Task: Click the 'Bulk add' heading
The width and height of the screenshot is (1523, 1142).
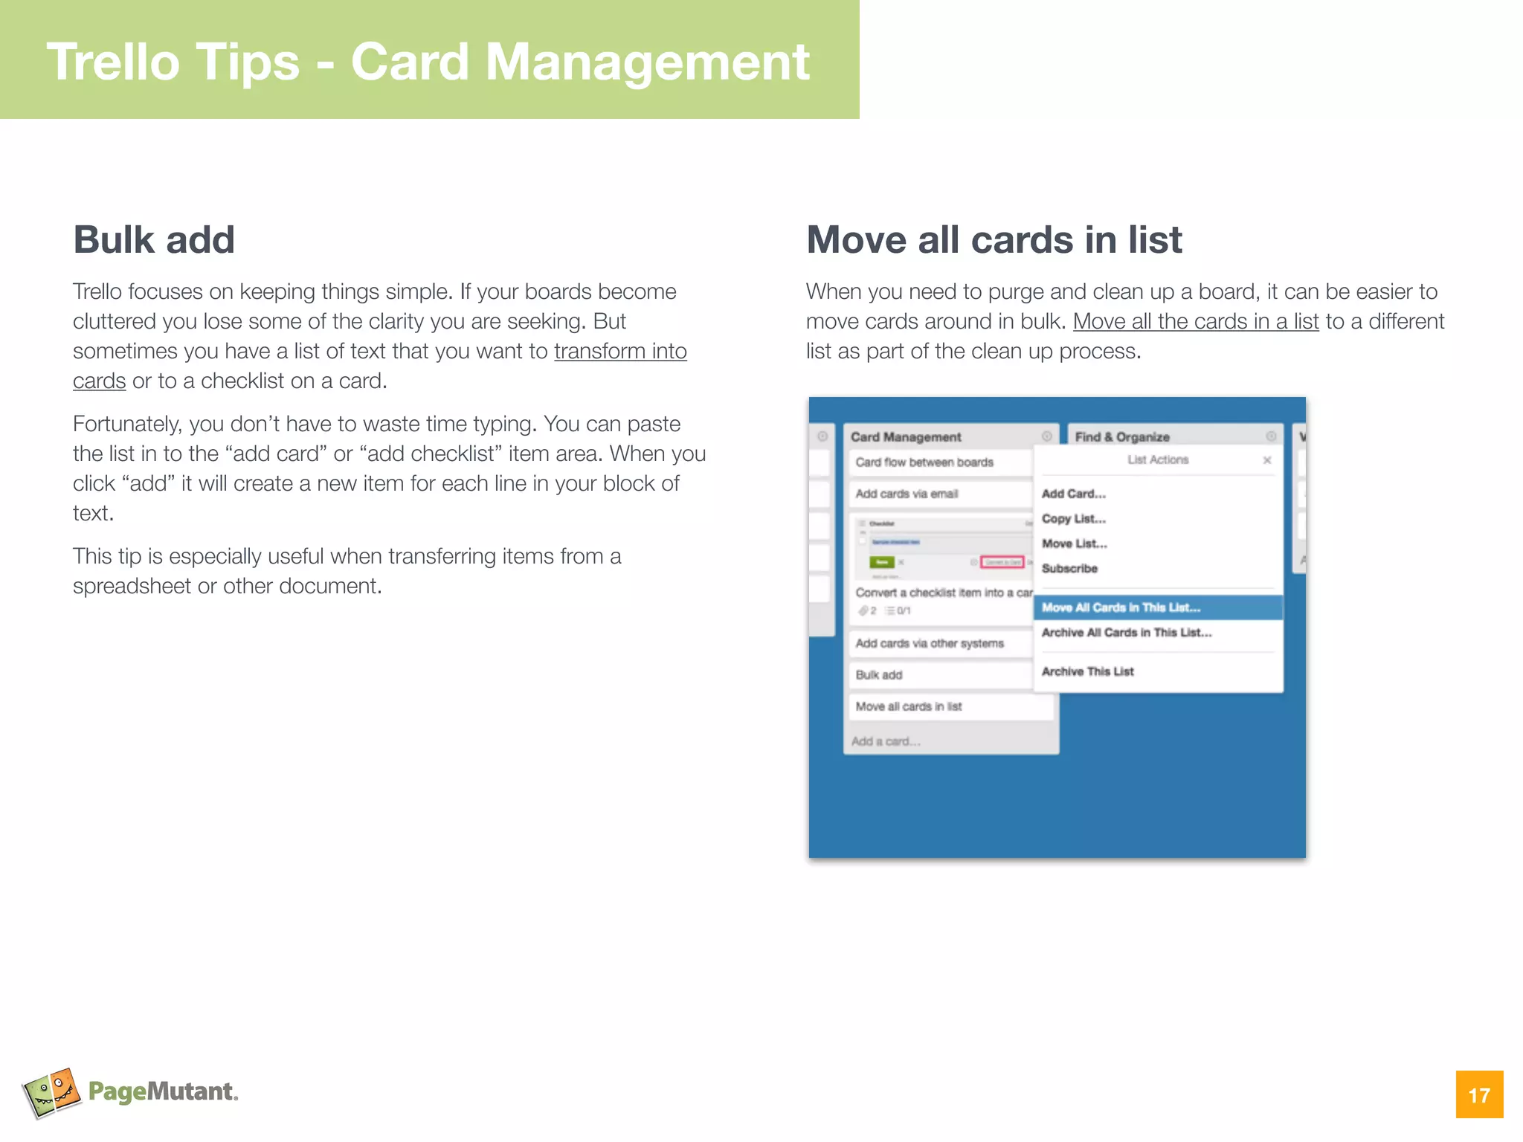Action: coord(154,240)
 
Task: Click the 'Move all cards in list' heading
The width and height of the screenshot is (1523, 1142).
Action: coord(994,240)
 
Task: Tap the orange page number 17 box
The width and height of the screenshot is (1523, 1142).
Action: coord(1479,1094)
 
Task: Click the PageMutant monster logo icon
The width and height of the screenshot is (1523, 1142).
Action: coord(51,1092)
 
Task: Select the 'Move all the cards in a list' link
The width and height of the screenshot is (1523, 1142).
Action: coord(1195,321)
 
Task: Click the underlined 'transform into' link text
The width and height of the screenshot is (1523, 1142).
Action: coord(620,351)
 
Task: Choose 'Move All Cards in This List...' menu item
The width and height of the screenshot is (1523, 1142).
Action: coord(1121,607)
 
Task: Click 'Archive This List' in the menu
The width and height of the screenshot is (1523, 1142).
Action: coord(1087,671)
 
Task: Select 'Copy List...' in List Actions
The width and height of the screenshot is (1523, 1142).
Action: coord(1073,519)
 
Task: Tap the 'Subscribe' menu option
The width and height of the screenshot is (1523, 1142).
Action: coord(1069,569)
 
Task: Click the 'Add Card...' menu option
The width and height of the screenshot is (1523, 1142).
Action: coord(1073,494)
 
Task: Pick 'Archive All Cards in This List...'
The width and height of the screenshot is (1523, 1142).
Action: coord(1126,633)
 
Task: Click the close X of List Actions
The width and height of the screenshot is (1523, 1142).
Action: coord(1267,460)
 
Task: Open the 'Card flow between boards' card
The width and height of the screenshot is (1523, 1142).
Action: coord(924,462)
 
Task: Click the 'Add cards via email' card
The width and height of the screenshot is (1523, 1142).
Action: coord(907,494)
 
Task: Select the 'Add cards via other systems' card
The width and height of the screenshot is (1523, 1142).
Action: coord(930,643)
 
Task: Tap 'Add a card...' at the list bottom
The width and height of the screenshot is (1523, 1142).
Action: coord(886,741)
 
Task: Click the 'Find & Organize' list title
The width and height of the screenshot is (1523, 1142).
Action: coord(1122,437)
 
